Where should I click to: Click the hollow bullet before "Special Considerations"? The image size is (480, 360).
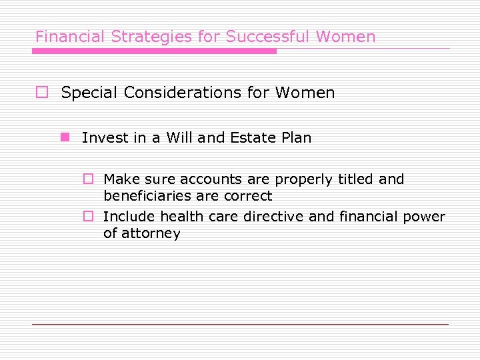click(x=41, y=93)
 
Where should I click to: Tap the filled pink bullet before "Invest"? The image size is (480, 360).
click(x=65, y=138)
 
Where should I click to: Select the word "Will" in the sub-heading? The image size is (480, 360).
click(x=179, y=138)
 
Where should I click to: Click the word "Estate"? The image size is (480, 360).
click(x=253, y=138)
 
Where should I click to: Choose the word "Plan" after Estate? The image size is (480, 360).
click(x=296, y=138)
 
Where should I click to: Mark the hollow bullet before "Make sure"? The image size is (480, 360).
click(x=87, y=179)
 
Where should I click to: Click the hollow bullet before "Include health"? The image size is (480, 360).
click(x=87, y=217)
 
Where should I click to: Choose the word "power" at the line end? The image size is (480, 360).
click(x=425, y=217)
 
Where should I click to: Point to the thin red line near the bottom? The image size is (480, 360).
click(x=240, y=324)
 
